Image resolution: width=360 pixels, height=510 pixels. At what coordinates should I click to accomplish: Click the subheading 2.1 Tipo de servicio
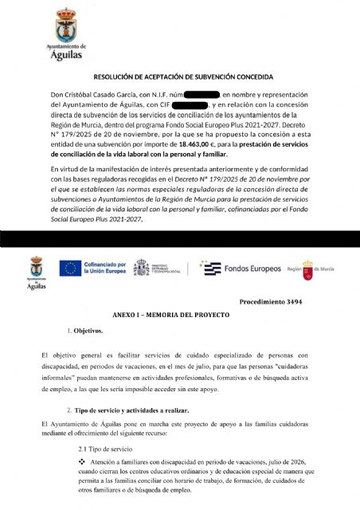click(107, 450)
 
